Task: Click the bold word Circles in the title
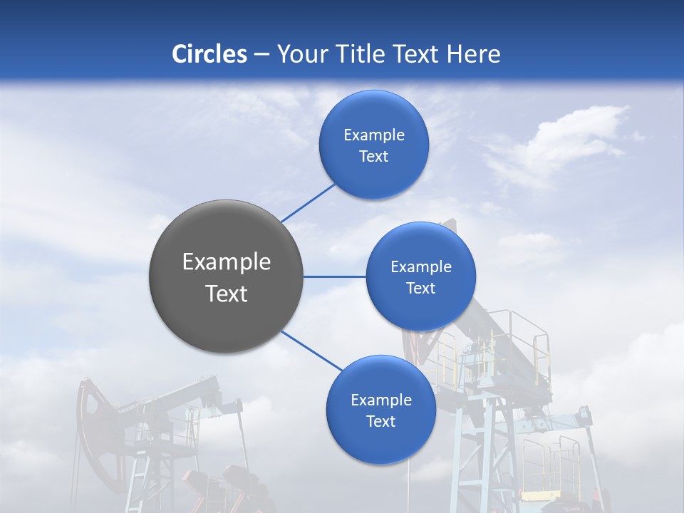[209, 54]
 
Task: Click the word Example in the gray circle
[227, 262]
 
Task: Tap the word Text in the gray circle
[227, 294]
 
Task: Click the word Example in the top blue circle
[374, 135]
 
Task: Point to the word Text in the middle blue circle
[420, 289]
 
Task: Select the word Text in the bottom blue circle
[380, 422]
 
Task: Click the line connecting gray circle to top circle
[308, 202]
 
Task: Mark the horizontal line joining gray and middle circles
[334, 276]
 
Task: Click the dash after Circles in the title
[261, 54]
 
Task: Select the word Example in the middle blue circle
[421, 267]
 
